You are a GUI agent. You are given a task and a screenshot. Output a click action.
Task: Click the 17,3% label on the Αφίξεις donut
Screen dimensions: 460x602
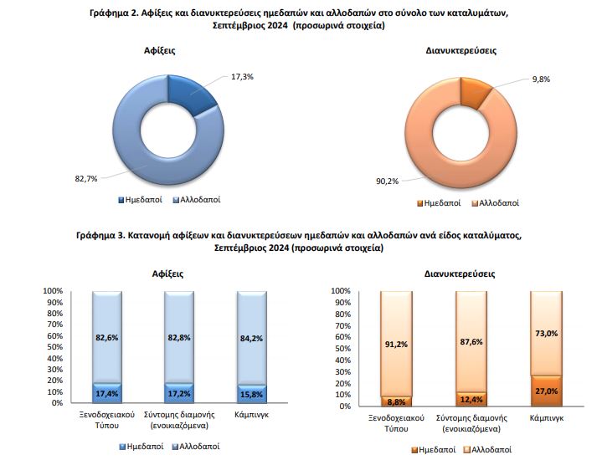pos(241,76)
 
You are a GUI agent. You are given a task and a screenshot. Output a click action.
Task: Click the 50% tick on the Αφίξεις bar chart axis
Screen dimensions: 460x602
pos(52,346)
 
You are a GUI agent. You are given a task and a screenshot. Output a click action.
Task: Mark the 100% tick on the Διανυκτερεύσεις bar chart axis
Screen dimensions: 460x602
pos(340,291)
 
